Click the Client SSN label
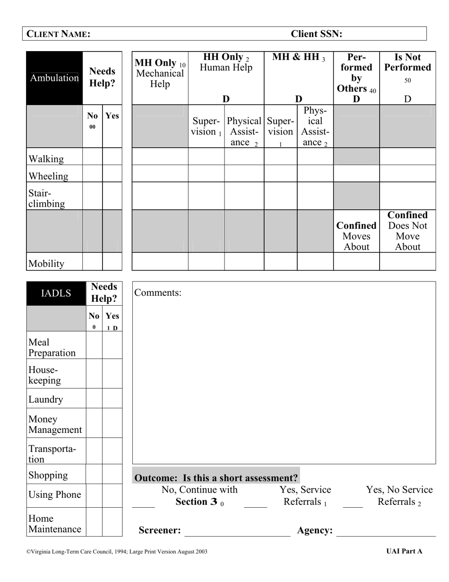[316, 34]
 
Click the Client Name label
[58, 34]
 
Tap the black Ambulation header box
[54, 78]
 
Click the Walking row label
[46, 159]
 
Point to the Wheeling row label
[48, 176]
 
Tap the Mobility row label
[46, 264]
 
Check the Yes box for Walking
[112, 157]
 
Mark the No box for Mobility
[92, 261]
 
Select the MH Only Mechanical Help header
[160, 74]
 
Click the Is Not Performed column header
[407, 62]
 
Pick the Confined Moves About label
[356, 236]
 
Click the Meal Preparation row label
[52, 347]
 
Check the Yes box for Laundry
[112, 398]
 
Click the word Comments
[158, 292]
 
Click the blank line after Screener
[237, 532]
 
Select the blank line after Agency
[386, 532]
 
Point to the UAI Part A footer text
[404, 551]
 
